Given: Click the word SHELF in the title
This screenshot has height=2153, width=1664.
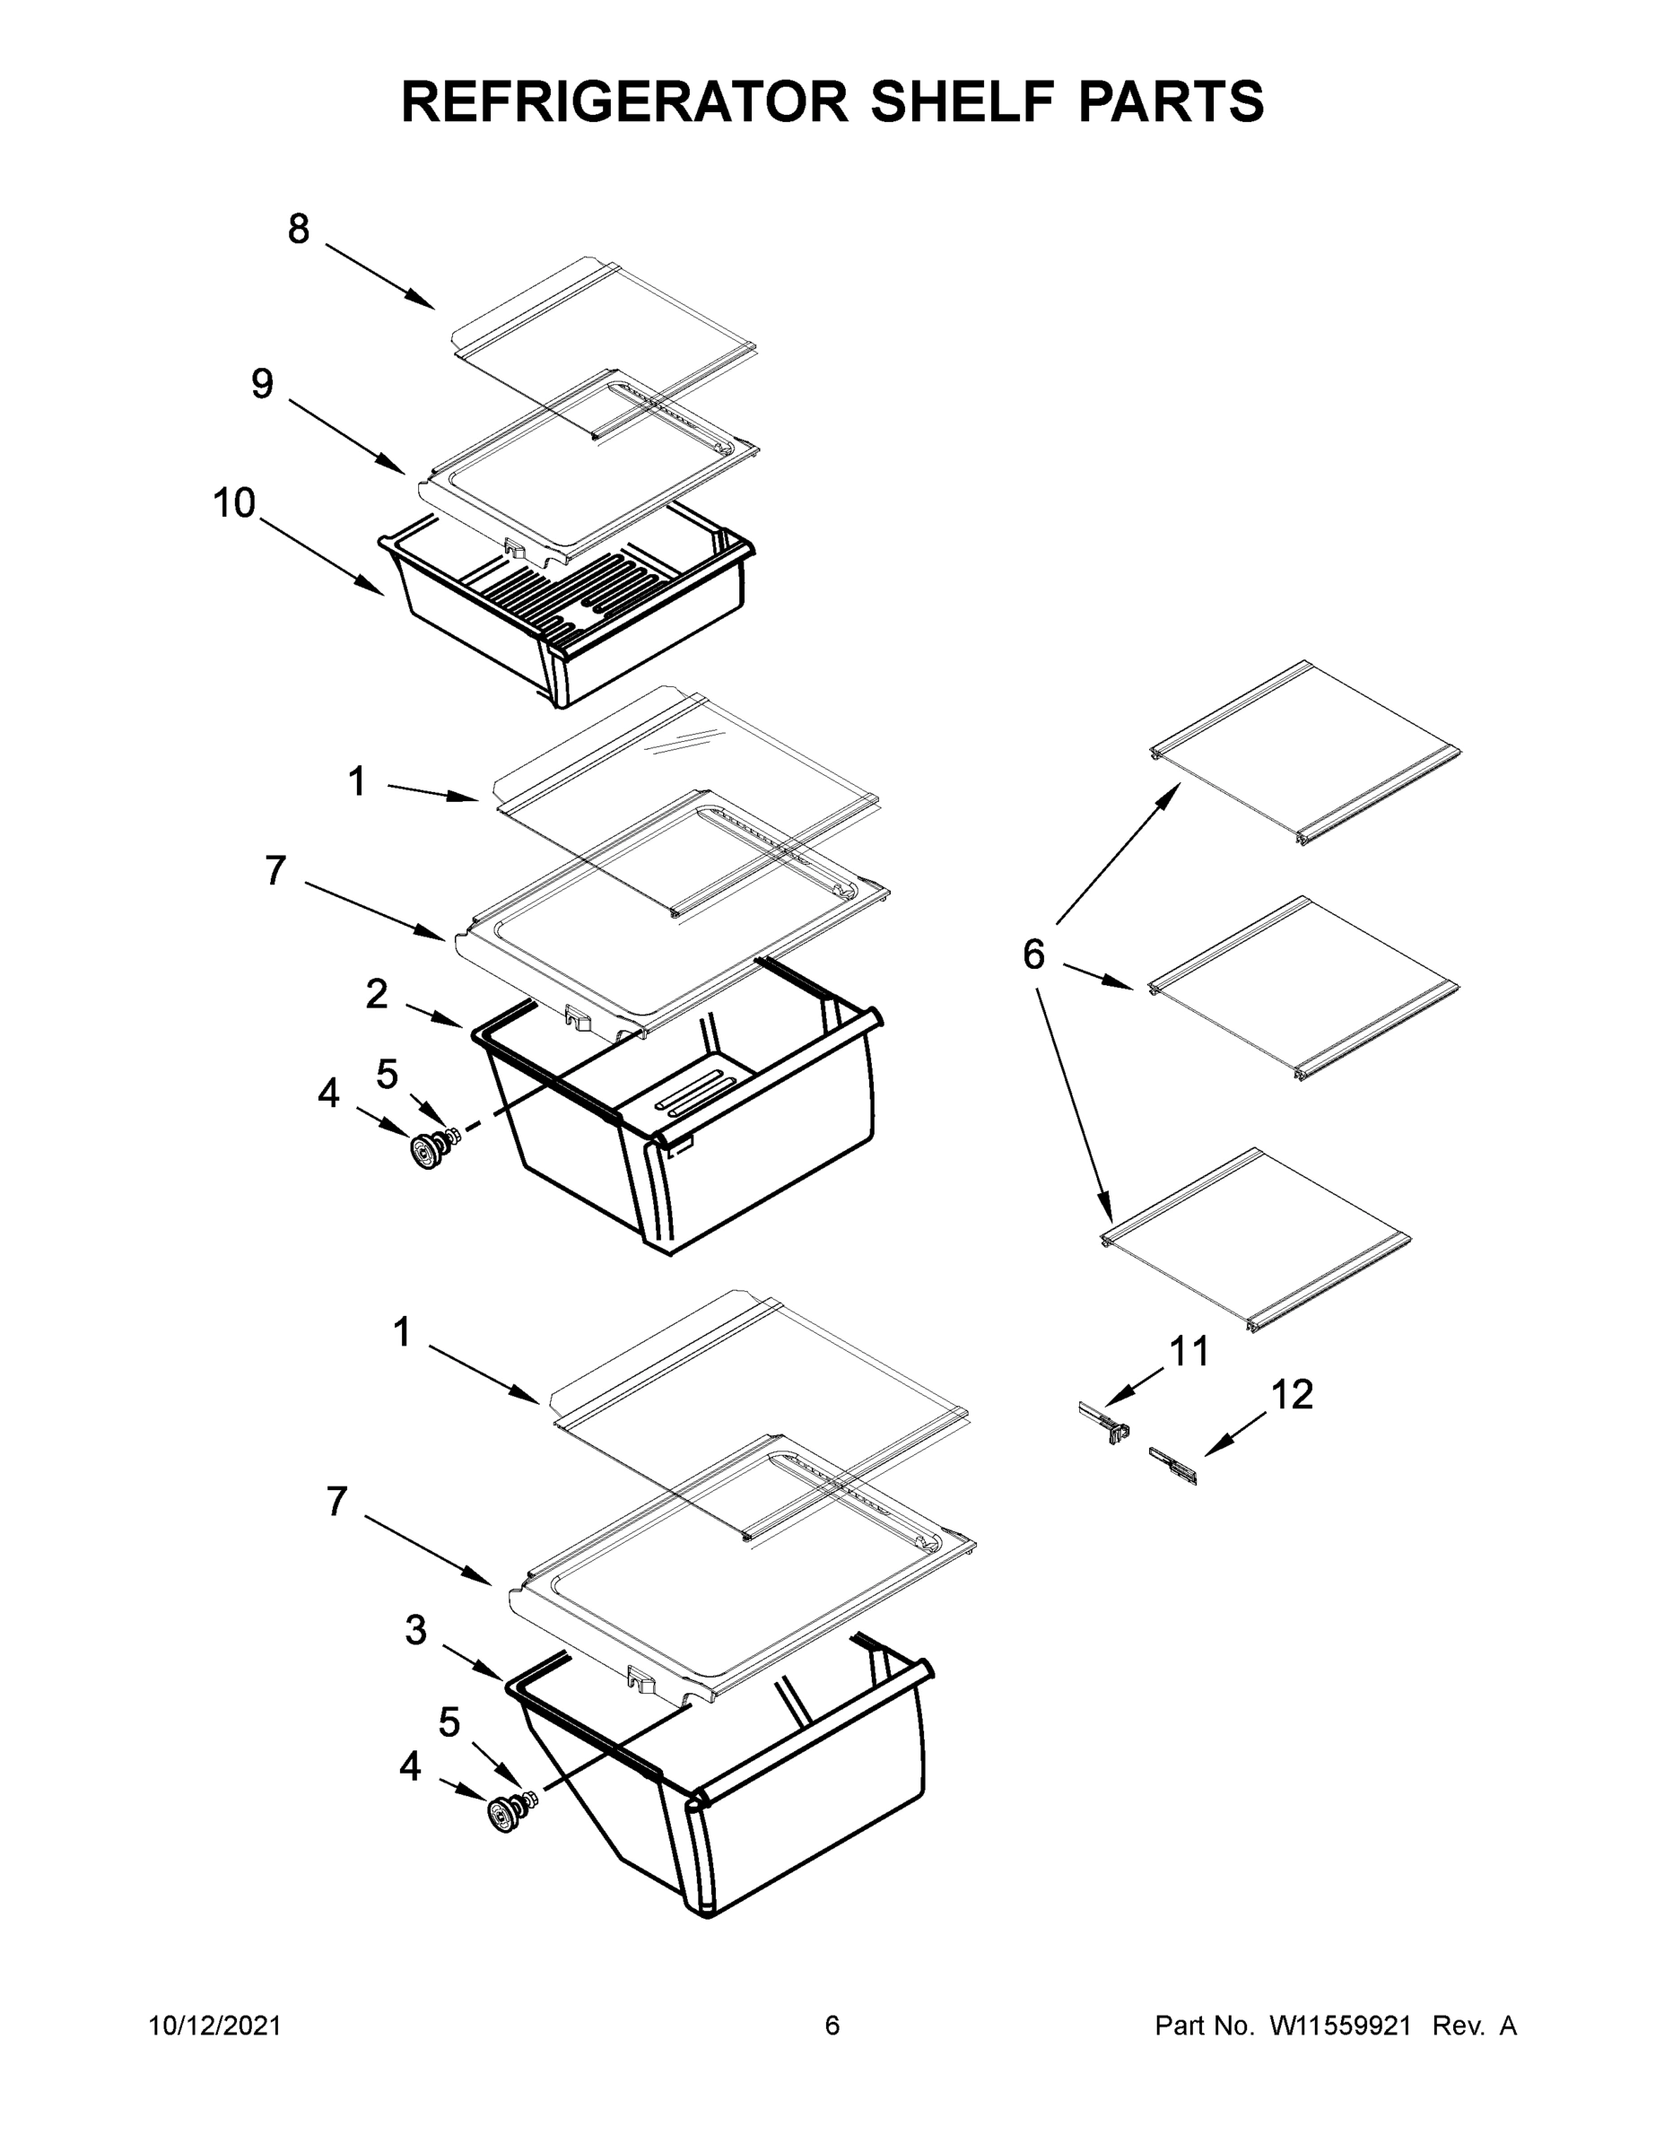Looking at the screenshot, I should (963, 101).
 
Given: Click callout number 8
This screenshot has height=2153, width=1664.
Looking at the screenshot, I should (299, 229).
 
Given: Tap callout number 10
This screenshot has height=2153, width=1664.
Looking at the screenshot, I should (235, 504).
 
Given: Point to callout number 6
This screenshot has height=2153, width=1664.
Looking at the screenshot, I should (1033, 954).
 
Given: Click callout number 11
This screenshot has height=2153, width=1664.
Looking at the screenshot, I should (1189, 1353).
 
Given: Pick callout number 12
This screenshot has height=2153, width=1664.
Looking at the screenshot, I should (1292, 1395).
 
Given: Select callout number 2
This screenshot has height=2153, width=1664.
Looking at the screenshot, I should (377, 995).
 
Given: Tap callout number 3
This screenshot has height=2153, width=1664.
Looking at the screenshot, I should (416, 1631).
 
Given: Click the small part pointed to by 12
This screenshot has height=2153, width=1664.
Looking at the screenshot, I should (1173, 1466).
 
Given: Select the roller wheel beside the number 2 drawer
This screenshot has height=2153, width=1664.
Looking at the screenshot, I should (428, 1152).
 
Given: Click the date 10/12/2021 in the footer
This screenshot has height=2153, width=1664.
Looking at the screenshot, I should (215, 2026).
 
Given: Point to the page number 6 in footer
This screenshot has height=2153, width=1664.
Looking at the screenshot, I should (832, 2026).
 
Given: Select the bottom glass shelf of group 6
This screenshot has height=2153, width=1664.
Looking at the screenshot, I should (1254, 1238).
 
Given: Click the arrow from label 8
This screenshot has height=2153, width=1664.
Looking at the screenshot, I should (379, 277).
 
